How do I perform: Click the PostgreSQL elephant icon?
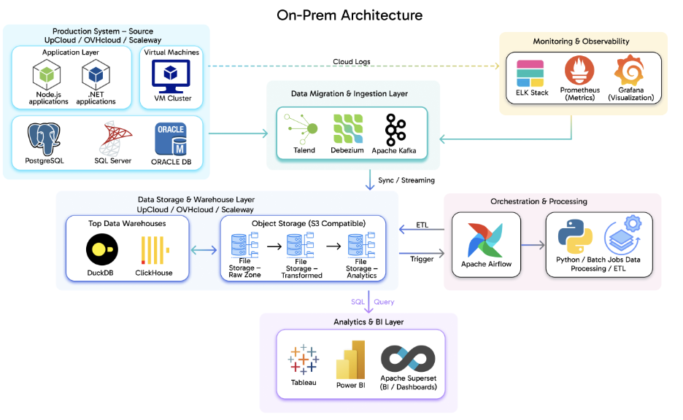44,138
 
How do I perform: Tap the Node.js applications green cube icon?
47,75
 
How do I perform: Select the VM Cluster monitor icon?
170,75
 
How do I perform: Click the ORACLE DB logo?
171,138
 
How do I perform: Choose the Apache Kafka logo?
395,130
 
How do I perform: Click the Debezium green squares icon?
348,129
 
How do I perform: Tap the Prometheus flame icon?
579,71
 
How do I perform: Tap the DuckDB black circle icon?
101,251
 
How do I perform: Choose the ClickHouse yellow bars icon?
154,251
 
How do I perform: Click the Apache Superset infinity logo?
409,359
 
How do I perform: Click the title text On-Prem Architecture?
350,15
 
